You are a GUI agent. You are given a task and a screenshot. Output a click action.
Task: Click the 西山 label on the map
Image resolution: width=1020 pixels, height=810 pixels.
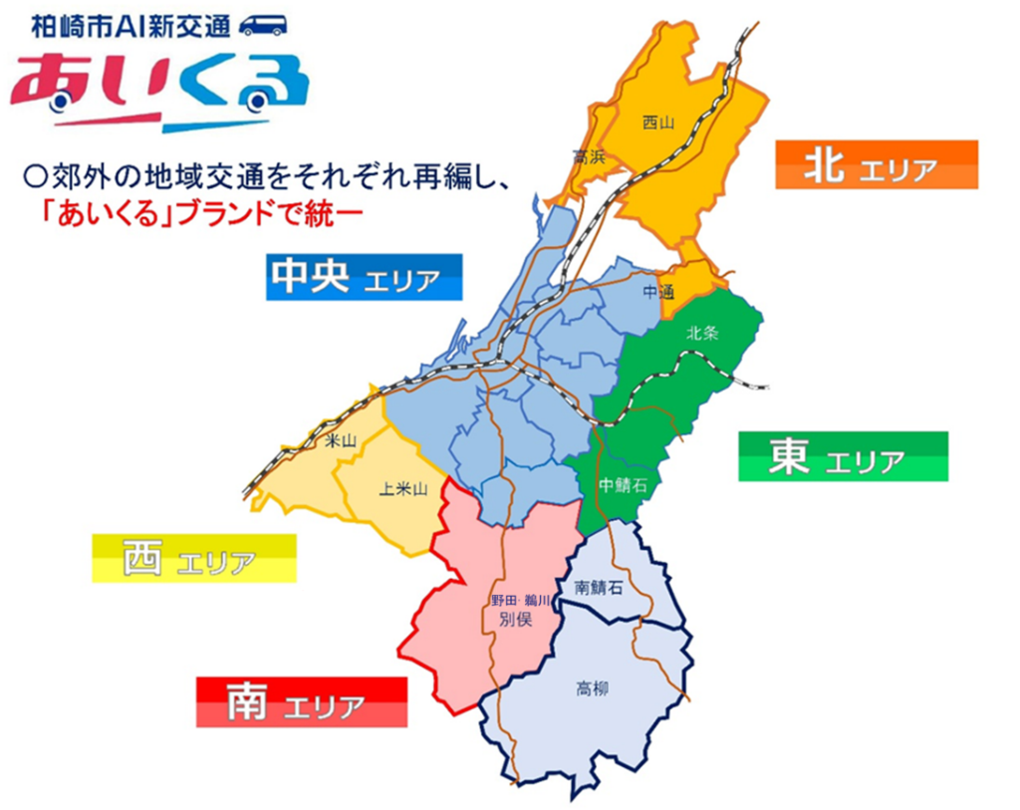point(658,124)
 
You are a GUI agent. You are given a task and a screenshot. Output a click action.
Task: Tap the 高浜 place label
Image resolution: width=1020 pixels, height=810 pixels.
point(589,156)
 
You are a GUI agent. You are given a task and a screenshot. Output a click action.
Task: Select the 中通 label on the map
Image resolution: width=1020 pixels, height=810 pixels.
point(658,292)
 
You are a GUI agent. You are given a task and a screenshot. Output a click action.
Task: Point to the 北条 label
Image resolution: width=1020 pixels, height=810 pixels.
point(702,334)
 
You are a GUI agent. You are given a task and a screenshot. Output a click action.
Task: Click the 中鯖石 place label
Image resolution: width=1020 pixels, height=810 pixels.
point(624,485)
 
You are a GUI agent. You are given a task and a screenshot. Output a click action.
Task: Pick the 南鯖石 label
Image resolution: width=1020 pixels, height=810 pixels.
point(600,588)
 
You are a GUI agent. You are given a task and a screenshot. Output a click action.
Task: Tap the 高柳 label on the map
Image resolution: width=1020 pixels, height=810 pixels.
point(593,688)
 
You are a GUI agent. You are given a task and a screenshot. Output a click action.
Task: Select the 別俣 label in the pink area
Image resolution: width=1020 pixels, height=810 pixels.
point(516,618)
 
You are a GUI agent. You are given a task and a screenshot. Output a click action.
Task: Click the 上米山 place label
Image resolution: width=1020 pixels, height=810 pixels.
point(403,488)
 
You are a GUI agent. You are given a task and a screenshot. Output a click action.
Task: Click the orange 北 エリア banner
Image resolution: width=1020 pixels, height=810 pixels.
point(876,165)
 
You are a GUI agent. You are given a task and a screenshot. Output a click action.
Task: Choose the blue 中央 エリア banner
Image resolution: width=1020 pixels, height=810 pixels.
point(365,278)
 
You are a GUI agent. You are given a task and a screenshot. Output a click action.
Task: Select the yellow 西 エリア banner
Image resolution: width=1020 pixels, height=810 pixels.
point(194,559)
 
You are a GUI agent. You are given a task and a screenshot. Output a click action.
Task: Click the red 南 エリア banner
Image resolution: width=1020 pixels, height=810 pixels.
point(302,702)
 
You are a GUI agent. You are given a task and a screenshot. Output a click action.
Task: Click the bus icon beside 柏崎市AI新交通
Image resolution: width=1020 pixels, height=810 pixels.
point(263,24)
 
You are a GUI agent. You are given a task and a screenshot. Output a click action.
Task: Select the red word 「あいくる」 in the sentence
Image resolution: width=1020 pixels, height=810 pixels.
point(109,214)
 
